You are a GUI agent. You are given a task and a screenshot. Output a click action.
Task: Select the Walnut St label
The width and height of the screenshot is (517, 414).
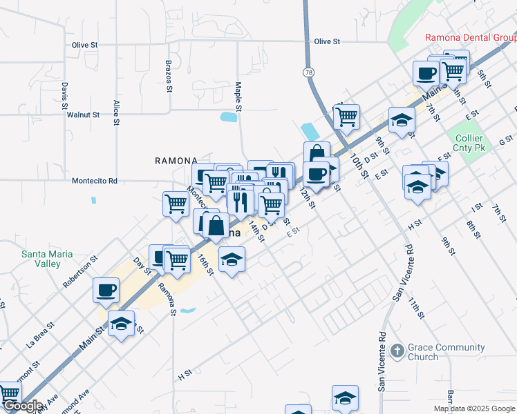tap(84, 114)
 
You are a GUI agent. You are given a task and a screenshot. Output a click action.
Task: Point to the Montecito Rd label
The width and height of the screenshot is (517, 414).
tap(95, 181)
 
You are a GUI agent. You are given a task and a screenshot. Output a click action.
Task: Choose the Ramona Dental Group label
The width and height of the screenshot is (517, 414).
tap(471, 37)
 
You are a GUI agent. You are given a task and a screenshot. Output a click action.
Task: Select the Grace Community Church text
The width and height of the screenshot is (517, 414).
tap(423, 352)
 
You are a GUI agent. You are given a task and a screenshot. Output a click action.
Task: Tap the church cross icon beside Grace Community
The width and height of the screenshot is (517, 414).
tap(396, 351)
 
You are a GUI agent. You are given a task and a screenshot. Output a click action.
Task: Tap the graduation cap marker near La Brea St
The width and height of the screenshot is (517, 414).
tap(122, 324)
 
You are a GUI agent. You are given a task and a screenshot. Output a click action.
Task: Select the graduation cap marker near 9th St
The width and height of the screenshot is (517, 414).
tap(402, 120)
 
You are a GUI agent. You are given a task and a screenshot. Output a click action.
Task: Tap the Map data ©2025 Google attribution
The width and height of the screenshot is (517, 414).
tap(473, 408)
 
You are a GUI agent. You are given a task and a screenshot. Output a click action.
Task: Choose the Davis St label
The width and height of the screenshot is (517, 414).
tap(64, 97)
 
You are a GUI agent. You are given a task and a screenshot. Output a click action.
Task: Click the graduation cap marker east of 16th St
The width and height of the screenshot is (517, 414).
tap(232, 260)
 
